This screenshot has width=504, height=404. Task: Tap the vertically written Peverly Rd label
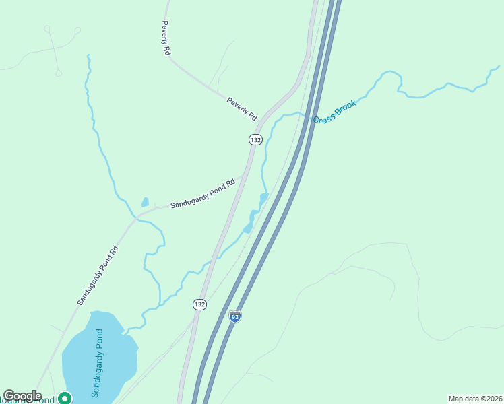[x=165, y=38]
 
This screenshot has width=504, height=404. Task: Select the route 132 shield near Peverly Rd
[x=255, y=139]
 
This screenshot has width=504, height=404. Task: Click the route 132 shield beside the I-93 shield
[x=199, y=304]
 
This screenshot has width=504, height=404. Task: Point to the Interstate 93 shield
[x=234, y=316]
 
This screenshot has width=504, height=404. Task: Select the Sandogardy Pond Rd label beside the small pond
[x=202, y=193]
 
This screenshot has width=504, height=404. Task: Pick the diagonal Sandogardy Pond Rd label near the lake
[x=98, y=276]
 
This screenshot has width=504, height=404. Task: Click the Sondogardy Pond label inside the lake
[x=97, y=364]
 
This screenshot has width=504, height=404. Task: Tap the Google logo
[x=22, y=396]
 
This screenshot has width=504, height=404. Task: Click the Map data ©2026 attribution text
[x=475, y=398]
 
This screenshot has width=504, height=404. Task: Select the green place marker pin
[x=65, y=398]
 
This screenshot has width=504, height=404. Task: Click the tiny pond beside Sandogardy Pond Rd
[x=145, y=201]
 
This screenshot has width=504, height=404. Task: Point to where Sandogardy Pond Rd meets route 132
[x=245, y=176]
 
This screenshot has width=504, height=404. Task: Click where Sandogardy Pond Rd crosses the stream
[x=137, y=217]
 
